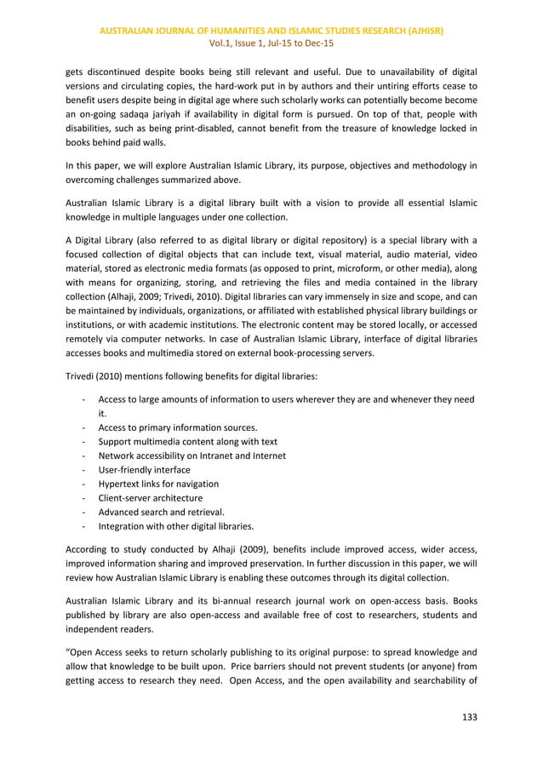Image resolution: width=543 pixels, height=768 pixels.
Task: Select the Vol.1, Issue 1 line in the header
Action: (271, 43)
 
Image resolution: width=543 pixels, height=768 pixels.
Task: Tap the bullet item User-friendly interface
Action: (144, 470)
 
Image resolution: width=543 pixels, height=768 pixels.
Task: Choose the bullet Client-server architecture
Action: (150, 497)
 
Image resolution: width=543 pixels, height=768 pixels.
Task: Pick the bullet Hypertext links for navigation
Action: (158, 484)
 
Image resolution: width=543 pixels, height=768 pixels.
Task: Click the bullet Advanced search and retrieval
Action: (161, 512)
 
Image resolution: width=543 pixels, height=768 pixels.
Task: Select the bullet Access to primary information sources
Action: (178, 427)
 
